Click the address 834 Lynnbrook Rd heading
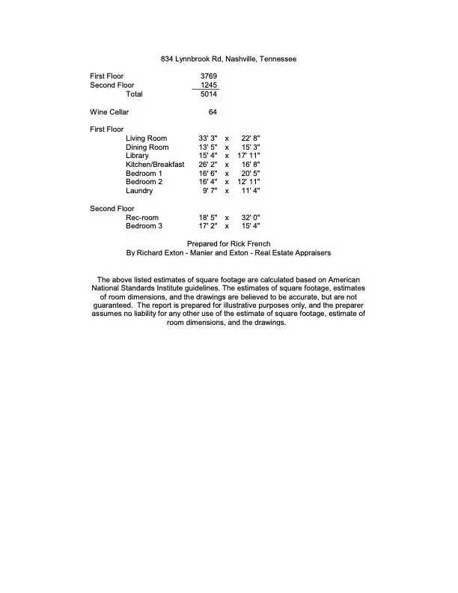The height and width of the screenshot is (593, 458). coord(228,58)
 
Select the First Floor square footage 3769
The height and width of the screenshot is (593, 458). coord(209,76)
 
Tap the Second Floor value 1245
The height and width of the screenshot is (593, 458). coord(209,85)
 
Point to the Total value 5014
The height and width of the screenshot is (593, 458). coord(209,94)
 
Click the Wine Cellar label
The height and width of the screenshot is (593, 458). coord(109,112)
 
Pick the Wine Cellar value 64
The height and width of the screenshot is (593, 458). coord(213,112)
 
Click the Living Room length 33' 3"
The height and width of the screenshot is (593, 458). coord(208,139)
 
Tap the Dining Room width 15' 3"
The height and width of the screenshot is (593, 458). coord(251,148)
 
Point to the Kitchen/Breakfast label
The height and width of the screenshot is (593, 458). coord(155,165)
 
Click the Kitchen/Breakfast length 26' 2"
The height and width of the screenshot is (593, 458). coord(208,165)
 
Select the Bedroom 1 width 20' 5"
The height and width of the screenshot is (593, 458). coord(251,173)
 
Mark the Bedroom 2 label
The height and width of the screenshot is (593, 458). coord(144,182)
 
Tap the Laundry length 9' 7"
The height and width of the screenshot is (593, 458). coord(210,191)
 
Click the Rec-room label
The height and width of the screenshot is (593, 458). coord(141,217)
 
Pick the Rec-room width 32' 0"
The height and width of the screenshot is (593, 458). coord(251,217)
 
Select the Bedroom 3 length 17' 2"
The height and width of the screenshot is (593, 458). coord(208,225)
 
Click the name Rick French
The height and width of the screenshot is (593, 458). coord(251,244)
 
